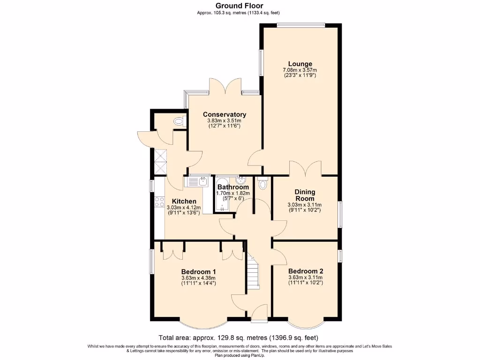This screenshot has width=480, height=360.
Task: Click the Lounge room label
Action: (x=300, y=64)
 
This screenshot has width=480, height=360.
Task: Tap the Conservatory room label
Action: (x=224, y=114)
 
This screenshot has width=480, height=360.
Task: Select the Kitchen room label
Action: (x=184, y=201)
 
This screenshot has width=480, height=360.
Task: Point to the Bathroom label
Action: (x=233, y=187)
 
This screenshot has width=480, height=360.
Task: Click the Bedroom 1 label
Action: (x=198, y=271)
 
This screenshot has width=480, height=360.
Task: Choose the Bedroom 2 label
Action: (x=305, y=271)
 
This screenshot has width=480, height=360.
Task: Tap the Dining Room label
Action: (x=305, y=195)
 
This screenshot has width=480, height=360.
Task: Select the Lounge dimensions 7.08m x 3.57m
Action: (x=300, y=70)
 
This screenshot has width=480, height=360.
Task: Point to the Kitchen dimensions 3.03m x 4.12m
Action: (x=184, y=208)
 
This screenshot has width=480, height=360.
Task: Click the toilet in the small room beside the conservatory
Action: (x=178, y=121)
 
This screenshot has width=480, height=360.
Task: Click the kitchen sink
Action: (x=202, y=180)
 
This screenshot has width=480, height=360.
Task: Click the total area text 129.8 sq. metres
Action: (x=240, y=337)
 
